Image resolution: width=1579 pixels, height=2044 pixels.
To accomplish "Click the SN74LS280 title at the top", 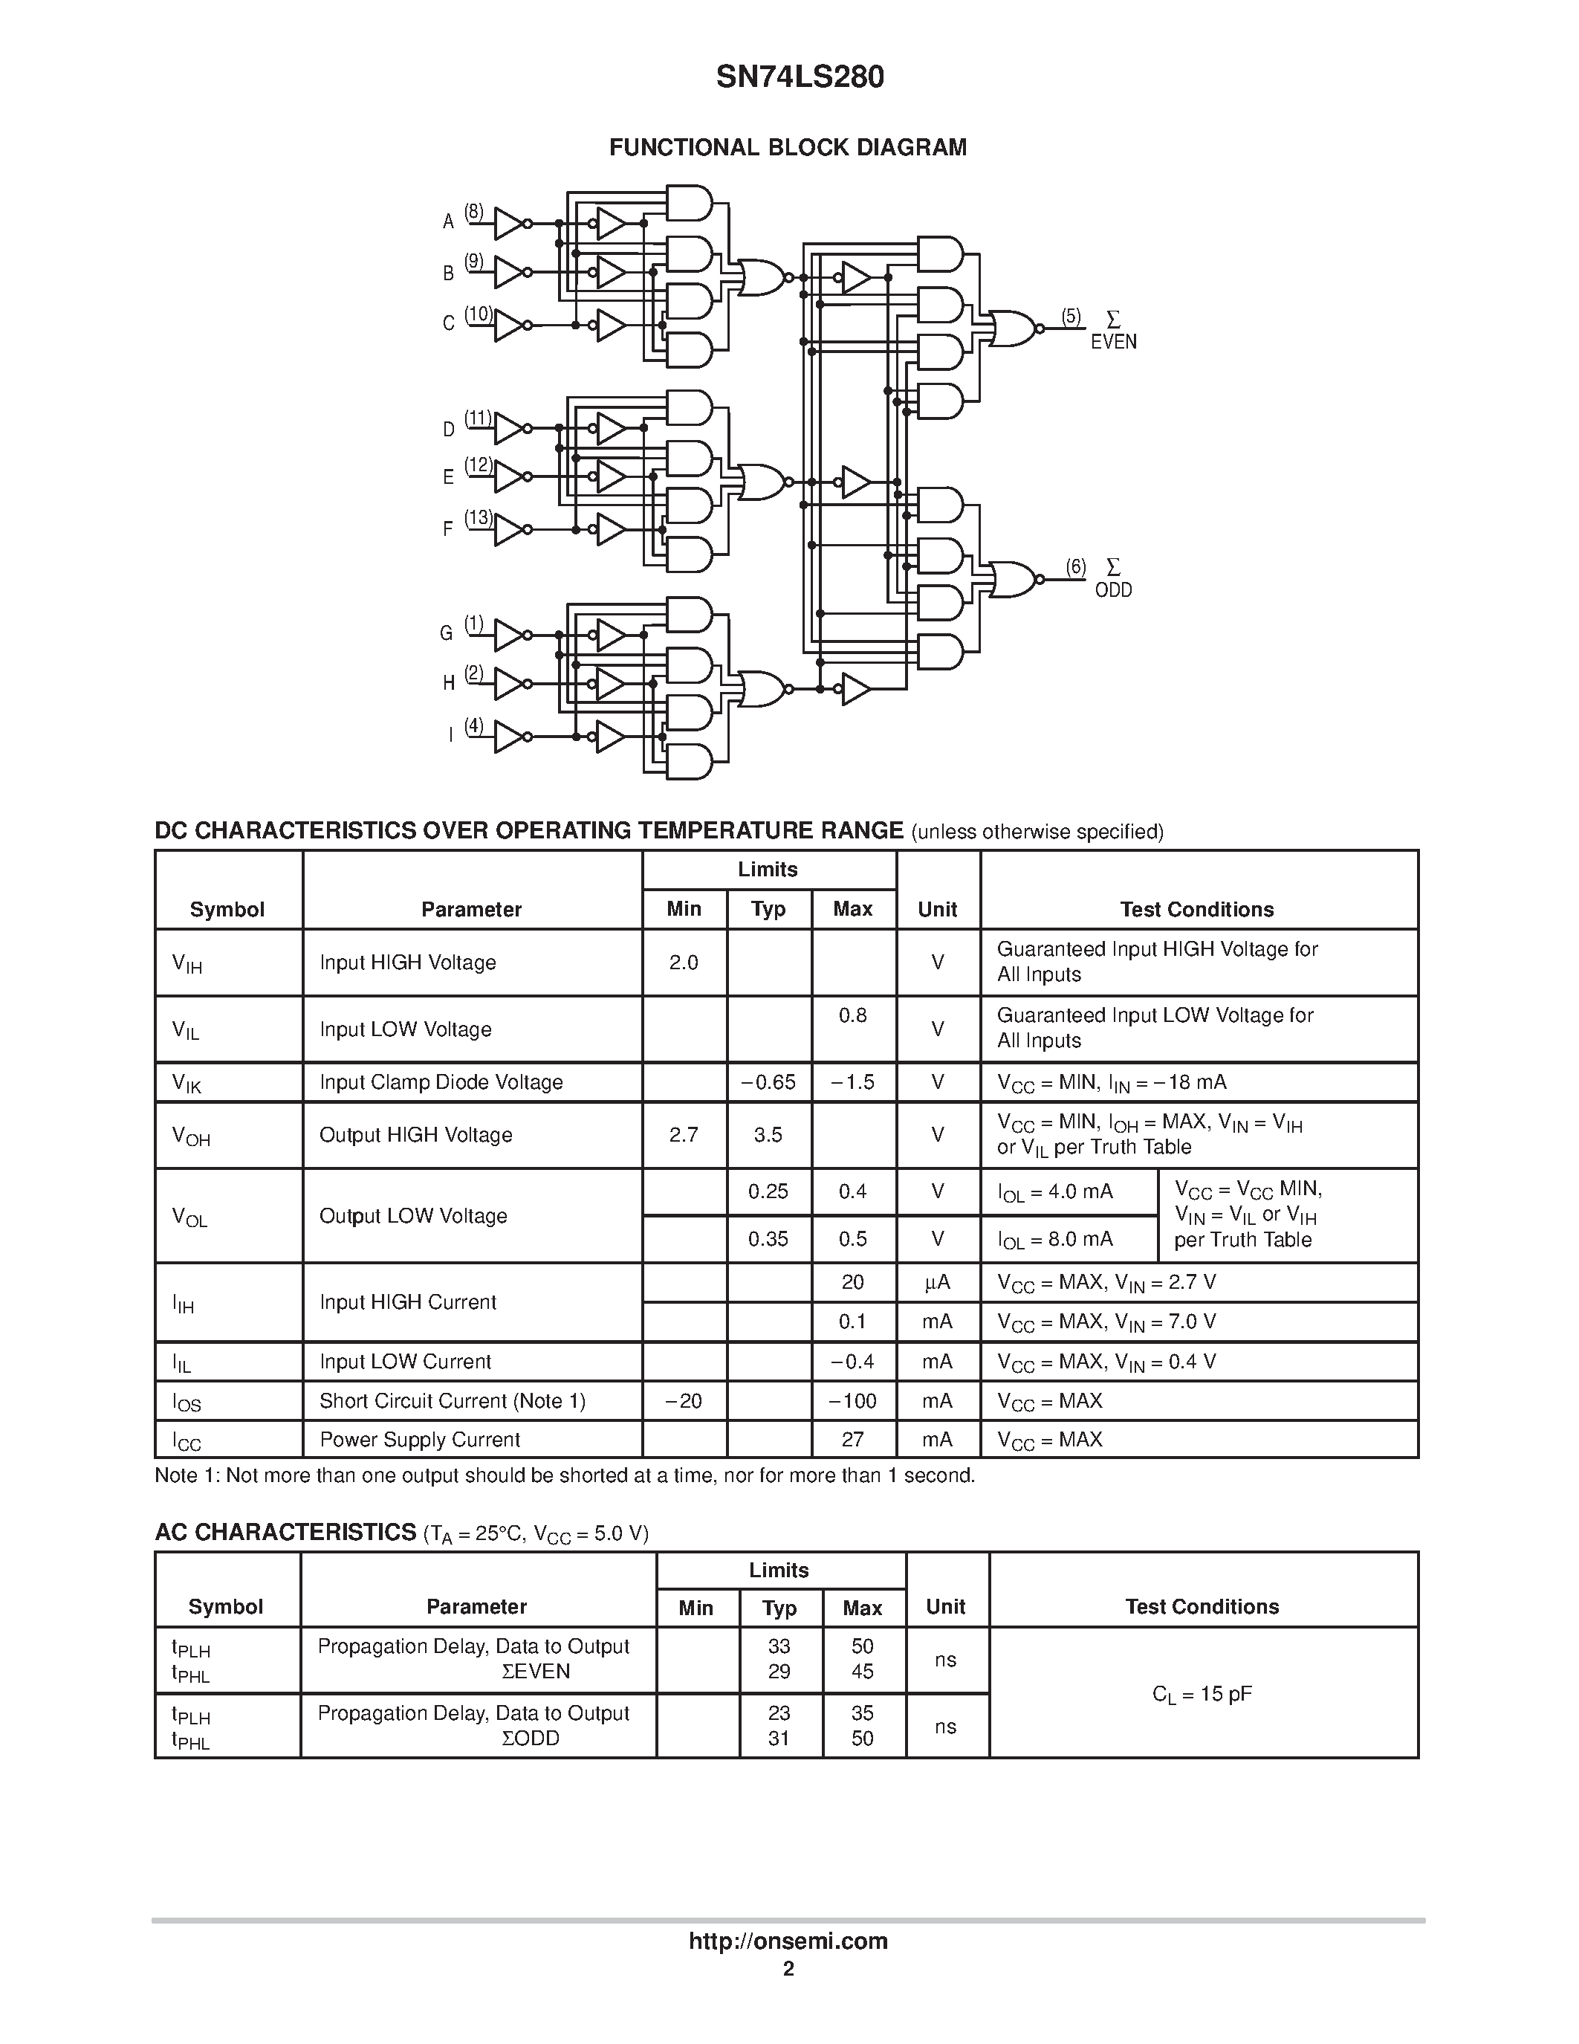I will click(800, 77).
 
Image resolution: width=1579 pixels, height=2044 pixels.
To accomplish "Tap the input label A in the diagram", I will click(448, 221).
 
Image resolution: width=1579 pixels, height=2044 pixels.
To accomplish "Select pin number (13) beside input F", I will click(479, 517).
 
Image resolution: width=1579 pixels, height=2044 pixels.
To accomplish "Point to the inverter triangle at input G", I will click(509, 635).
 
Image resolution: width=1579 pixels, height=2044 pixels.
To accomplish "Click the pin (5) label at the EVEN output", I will click(1071, 317).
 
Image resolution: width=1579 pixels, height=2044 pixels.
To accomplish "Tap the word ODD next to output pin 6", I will click(1113, 591).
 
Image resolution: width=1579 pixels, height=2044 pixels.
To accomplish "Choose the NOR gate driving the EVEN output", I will click(1013, 329).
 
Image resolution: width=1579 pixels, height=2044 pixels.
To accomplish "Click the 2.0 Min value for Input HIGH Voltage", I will click(684, 962).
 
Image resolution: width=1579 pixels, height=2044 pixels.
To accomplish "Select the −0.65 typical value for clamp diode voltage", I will click(768, 1082).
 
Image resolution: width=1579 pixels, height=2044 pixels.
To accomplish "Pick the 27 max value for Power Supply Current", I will click(852, 1440).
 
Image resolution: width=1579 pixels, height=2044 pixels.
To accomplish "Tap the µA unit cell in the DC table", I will click(937, 1282).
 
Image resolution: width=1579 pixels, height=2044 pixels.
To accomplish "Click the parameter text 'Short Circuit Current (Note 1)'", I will click(453, 1401).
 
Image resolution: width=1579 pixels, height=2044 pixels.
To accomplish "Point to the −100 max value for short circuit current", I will click(852, 1401).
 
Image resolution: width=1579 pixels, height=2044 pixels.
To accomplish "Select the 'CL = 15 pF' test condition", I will click(1202, 1694).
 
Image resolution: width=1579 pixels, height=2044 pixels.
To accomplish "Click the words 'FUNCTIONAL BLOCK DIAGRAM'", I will click(788, 148).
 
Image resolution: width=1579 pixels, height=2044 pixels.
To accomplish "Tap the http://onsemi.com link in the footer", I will click(788, 1941).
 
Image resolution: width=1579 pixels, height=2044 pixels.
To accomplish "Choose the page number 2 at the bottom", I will click(788, 1969).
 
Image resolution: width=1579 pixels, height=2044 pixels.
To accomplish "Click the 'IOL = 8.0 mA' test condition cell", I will click(1055, 1240).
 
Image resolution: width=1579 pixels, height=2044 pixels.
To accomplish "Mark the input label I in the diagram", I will click(450, 734).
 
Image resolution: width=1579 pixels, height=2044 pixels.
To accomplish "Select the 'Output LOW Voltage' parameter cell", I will click(413, 1216).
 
